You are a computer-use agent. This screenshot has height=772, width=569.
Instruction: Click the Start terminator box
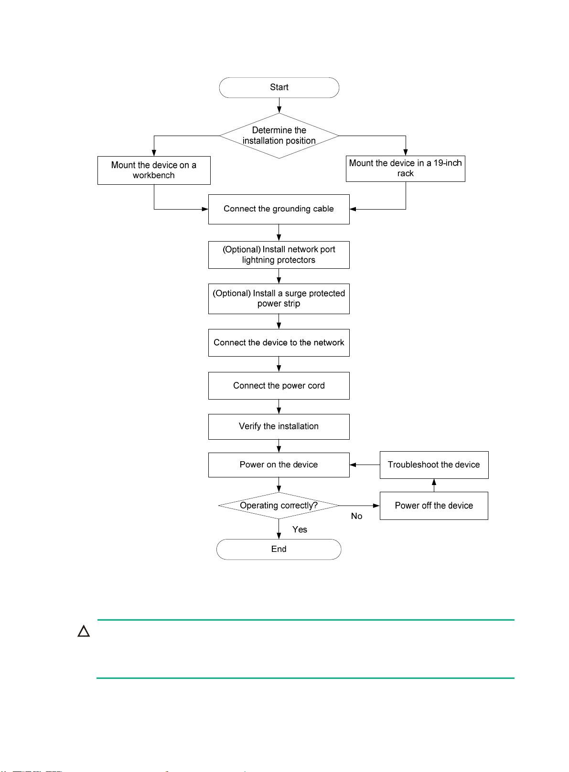click(279, 87)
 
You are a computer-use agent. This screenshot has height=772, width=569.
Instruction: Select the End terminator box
click(279, 549)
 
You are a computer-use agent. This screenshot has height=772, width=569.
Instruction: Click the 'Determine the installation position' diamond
click(279, 136)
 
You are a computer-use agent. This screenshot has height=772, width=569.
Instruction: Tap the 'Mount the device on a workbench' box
click(154, 170)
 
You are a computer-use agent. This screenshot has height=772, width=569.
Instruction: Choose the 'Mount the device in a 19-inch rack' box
click(406, 169)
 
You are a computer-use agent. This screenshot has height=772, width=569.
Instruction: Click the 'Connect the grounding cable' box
click(279, 209)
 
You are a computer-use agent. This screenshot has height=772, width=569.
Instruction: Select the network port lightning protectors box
click(279, 254)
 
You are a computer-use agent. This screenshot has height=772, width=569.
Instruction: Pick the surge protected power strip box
click(279, 299)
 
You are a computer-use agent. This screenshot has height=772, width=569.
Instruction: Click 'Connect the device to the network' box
click(279, 343)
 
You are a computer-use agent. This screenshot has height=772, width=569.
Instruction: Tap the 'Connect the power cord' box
click(279, 386)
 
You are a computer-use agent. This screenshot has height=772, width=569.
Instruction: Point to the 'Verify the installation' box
click(279, 427)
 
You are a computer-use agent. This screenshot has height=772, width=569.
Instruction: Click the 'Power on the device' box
click(279, 465)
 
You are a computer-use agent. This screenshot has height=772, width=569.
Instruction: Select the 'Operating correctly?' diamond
click(279, 506)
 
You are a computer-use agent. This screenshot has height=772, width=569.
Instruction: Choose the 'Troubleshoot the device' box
click(434, 465)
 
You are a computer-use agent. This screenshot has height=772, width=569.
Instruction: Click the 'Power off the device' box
click(434, 506)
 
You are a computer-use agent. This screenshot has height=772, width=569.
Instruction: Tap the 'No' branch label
click(356, 516)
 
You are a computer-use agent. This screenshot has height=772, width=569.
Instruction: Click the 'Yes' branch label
click(300, 529)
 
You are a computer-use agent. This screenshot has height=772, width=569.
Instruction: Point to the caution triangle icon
click(84, 631)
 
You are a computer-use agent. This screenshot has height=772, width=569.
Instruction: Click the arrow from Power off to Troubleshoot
click(434, 485)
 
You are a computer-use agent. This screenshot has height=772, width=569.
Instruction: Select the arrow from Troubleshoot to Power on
click(365, 465)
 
